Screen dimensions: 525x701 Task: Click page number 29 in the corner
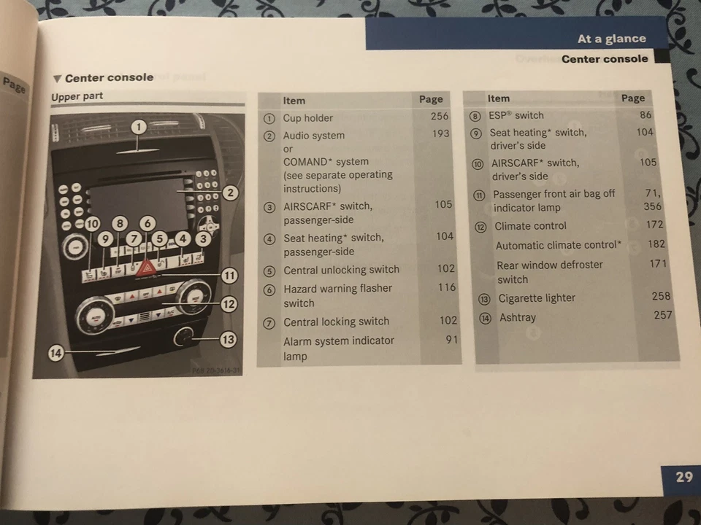(x=683, y=477)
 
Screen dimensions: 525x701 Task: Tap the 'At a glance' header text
(x=611, y=39)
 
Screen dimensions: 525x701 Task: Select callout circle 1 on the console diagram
(x=139, y=127)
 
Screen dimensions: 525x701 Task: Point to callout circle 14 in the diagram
(x=56, y=354)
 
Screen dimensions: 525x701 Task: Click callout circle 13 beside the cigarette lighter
(x=229, y=339)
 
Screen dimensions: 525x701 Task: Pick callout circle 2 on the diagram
(x=230, y=193)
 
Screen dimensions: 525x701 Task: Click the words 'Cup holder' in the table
(x=307, y=118)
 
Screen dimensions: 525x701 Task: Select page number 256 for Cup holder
(x=440, y=116)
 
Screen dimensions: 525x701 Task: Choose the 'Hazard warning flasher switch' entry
(x=337, y=295)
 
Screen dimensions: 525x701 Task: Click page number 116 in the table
(x=446, y=287)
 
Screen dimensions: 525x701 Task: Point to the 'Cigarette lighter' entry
(x=537, y=298)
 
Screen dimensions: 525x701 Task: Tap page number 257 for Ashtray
(x=663, y=315)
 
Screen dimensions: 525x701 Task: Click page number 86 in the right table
(x=646, y=114)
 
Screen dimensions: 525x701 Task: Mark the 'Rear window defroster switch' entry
(x=549, y=272)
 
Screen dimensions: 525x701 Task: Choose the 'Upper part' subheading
(x=77, y=96)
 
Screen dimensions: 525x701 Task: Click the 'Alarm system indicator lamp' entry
(x=338, y=349)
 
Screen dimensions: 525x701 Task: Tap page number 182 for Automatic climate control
(x=656, y=244)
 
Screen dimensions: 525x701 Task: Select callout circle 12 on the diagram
(x=229, y=303)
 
